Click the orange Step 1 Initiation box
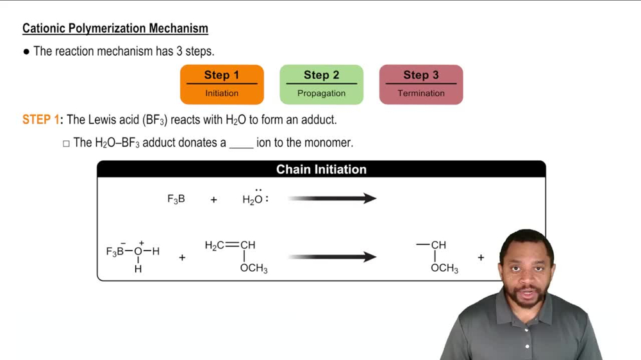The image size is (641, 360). click(222, 84)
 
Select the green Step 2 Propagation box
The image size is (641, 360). click(321, 84)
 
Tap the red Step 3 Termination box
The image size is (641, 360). click(420, 84)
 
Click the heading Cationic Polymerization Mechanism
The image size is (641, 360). click(115, 28)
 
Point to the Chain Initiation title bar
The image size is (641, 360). click(321, 169)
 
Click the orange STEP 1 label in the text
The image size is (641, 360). click(42, 120)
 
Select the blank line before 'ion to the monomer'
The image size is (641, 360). click(241, 143)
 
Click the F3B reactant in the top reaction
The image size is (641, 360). click(176, 199)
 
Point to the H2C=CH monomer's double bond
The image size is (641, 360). click(231, 245)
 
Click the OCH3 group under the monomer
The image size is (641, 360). click(254, 268)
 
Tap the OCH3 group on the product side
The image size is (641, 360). click(444, 268)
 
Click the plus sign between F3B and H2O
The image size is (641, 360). click(213, 200)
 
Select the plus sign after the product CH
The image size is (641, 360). click(481, 258)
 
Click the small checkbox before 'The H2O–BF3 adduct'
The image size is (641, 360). click(66, 143)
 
